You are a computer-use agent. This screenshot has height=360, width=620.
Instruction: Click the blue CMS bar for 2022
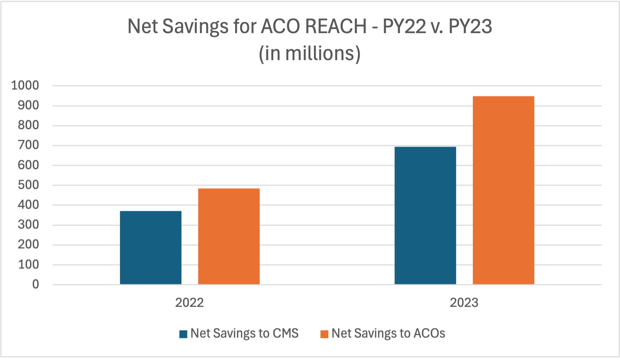[151, 248]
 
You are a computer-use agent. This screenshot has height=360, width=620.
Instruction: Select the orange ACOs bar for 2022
[229, 236]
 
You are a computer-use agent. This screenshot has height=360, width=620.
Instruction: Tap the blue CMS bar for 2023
[425, 216]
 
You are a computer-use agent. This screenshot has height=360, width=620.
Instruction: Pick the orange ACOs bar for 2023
[504, 190]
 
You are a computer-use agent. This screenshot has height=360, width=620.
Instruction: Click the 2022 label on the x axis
[189, 303]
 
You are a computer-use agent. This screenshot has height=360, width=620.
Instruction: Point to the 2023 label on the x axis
[464, 303]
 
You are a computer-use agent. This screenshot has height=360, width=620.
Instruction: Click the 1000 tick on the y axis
[25, 85]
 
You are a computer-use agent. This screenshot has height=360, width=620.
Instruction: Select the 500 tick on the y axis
[28, 185]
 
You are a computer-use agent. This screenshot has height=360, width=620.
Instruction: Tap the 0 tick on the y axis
[36, 284]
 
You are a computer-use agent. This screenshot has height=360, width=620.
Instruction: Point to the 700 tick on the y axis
[28, 145]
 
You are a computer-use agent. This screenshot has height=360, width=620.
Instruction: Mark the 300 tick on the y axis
[28, 225]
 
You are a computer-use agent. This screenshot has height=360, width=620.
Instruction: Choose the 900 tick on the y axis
[28, 105]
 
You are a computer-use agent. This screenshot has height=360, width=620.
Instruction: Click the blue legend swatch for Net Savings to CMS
[183, 334]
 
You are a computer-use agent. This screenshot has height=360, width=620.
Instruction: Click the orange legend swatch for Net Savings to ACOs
[324, 334]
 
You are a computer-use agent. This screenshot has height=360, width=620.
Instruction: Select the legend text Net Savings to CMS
[245, 333]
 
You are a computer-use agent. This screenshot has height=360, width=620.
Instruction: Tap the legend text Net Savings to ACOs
[388, 333]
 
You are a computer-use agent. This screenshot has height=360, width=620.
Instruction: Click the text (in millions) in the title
[309, 54]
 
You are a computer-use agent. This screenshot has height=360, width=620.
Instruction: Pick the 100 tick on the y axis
[28, 264]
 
